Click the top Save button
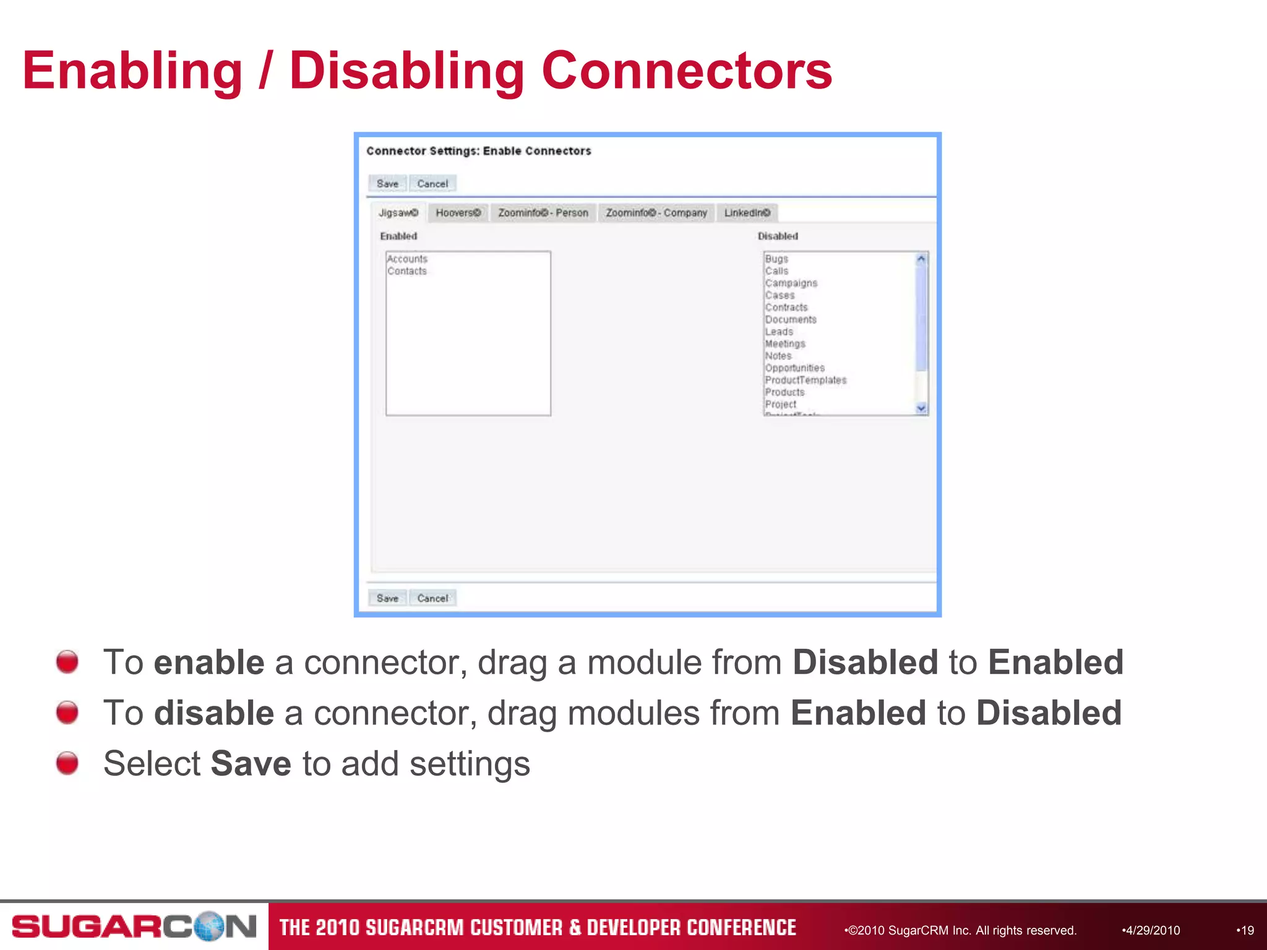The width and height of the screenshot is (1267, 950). [387, 184]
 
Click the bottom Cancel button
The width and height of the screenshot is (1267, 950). [432, 598]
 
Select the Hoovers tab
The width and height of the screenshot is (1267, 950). [458, 213]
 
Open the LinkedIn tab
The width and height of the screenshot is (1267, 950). [747, 213]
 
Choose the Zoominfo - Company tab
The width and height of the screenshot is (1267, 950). [656, 213]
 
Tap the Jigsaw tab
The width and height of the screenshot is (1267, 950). [398, 213]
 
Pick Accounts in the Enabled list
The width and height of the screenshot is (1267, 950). [407, 259]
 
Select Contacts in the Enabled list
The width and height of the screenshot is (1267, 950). [407, 271]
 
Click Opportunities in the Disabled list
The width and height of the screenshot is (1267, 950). [794, 368]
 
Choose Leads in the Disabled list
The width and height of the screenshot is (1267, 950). [779, 332]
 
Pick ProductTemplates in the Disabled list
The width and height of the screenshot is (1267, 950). [805, 380]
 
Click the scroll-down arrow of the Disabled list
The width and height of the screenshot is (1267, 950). [921, 408]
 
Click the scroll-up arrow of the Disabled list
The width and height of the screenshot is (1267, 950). [921, 259]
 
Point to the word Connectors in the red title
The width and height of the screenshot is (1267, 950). [687, 71]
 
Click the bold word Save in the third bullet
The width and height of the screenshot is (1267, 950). [251, 763]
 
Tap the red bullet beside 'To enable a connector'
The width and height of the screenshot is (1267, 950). [67, 661]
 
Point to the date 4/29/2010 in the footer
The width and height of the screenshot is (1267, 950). [1151, 930]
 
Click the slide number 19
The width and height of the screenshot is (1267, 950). [1247, 930]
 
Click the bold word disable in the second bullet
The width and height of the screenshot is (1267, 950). [213, 712]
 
